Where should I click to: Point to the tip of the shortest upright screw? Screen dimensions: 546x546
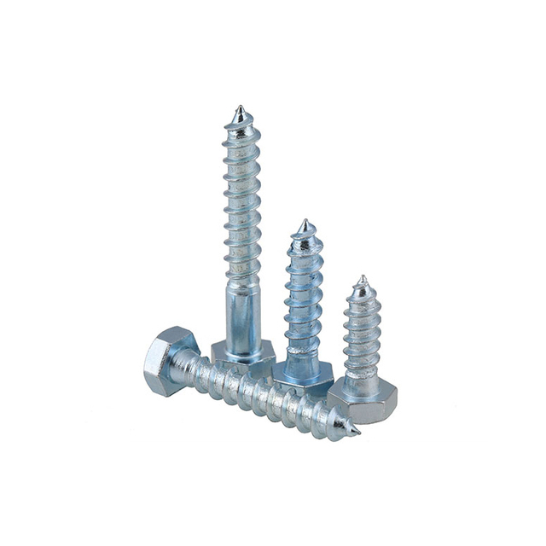[x=362, y=277]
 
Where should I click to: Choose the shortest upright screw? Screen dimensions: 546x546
[x=363, y=350]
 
